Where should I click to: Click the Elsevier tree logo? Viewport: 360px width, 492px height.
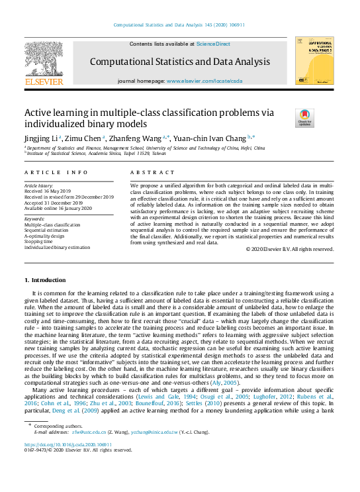[44, 60]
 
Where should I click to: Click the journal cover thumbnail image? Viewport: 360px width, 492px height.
[314, 60]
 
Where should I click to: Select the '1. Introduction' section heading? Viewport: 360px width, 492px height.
[45, 280]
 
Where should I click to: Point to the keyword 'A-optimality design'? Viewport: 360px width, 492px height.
[44, 236]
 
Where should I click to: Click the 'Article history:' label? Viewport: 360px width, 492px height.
[40, 187]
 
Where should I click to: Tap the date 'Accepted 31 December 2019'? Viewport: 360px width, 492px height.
[54, 203]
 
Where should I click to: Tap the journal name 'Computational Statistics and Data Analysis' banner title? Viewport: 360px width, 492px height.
[179, 62]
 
